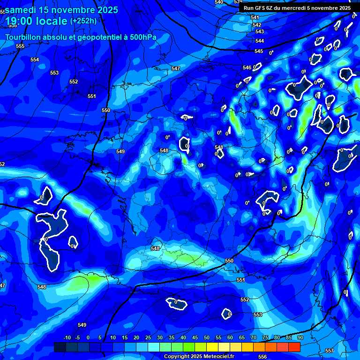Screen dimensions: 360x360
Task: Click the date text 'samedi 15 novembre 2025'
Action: tap(61, 9)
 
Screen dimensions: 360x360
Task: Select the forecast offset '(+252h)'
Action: tap(83, 21)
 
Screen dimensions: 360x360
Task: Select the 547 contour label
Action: tap(176, 68)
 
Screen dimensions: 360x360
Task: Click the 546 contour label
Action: tap(247, 67)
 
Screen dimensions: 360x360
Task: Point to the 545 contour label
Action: tap(259, 51)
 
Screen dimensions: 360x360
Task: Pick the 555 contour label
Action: tap(20, 46)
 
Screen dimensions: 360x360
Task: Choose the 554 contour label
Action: tap(35, 60)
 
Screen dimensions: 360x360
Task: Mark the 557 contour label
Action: tap(330, 351)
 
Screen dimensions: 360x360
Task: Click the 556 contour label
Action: tap(262, 357)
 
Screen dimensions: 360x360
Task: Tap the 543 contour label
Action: tap(260, 31)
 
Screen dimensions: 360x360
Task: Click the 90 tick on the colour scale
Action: tap(300, 337)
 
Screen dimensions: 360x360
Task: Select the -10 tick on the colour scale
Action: tap(67, 337)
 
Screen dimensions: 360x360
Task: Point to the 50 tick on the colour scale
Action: tap(207, 337)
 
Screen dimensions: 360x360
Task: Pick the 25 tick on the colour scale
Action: tap(148, 337)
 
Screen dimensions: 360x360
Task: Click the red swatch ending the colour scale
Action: tap(294, 347)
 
